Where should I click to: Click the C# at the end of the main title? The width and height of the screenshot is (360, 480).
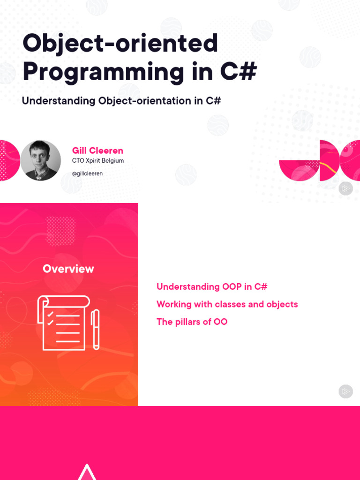238,72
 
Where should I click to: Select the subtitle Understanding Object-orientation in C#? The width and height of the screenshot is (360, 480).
121,101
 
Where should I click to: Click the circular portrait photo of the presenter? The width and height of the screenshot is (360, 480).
40,160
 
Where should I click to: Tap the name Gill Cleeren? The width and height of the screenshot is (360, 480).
97,150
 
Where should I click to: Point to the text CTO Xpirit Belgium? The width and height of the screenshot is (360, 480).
98,161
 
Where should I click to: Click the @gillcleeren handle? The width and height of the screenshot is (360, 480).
87,173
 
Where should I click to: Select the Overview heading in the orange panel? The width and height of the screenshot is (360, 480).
68,269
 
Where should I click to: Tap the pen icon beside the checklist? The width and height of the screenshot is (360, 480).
95,330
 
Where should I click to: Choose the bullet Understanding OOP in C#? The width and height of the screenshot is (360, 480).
212,286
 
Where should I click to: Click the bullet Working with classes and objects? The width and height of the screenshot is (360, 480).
227,304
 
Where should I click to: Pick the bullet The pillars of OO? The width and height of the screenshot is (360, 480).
192,322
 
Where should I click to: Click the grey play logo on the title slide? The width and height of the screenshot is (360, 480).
345,188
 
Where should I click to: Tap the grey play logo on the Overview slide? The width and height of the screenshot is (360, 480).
345,391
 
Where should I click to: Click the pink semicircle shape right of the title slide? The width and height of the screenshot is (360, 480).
299,170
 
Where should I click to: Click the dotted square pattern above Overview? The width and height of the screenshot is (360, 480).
60,231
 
